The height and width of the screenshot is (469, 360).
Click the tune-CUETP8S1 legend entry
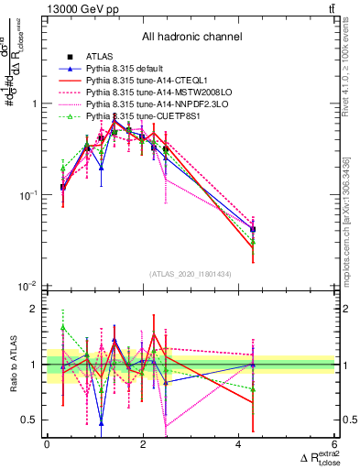137,116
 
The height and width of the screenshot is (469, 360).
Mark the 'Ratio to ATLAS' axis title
12,365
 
